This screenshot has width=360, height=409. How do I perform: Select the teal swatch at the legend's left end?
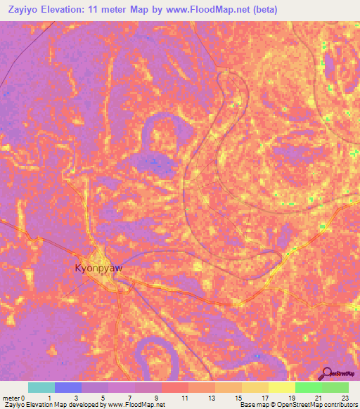41,387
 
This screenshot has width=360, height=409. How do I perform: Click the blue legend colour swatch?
67,387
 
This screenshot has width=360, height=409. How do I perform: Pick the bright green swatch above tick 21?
308,387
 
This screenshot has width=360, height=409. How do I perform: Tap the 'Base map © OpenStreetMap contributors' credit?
298,405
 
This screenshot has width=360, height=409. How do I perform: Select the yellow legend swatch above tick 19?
281,387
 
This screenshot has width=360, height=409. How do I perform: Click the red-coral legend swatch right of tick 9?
174,387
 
